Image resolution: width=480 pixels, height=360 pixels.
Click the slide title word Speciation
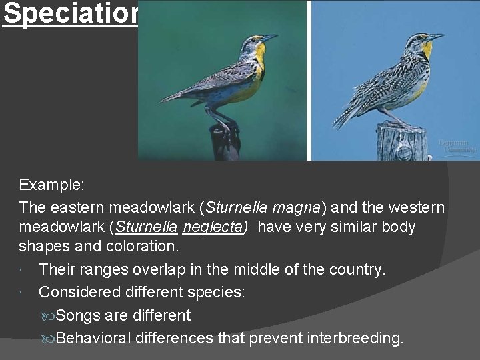(x=70, y=14)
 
